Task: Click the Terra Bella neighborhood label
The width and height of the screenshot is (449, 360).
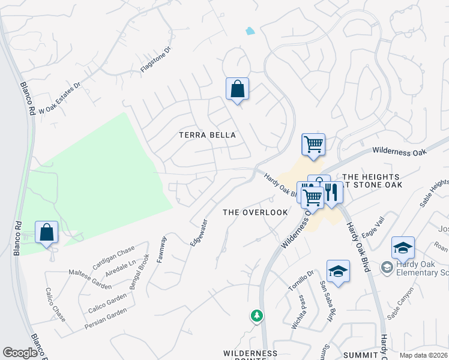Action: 207,135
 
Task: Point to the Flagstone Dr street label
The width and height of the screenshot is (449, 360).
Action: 155,61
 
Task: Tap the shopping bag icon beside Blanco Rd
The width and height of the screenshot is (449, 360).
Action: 46,233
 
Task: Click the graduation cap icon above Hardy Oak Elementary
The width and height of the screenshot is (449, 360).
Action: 403,247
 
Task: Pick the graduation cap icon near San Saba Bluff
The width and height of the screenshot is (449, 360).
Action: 339,271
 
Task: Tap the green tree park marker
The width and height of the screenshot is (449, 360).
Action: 256,316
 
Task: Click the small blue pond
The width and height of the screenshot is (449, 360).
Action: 250,31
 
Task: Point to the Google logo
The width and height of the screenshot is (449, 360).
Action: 20,353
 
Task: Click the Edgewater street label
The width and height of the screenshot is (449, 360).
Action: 199,232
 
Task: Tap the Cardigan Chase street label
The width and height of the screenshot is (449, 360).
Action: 113,258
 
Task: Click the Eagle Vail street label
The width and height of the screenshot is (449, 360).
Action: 372,229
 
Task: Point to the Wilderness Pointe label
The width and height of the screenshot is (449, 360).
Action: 250,354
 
